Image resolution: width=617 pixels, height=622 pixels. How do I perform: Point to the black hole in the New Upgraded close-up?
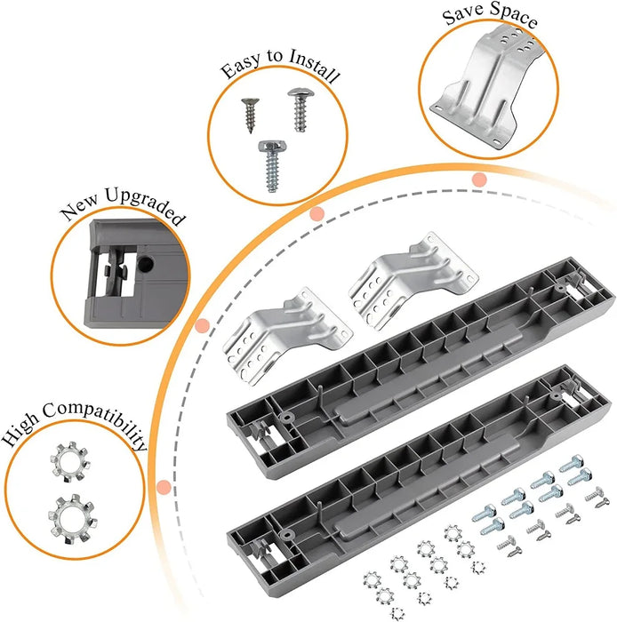pos(142,265)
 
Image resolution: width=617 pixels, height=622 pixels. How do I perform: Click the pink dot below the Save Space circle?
pos(479,179)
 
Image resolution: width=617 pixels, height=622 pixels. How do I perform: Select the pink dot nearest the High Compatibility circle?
pos(163,487)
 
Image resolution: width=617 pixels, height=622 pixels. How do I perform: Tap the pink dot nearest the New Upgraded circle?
pos(202,325)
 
